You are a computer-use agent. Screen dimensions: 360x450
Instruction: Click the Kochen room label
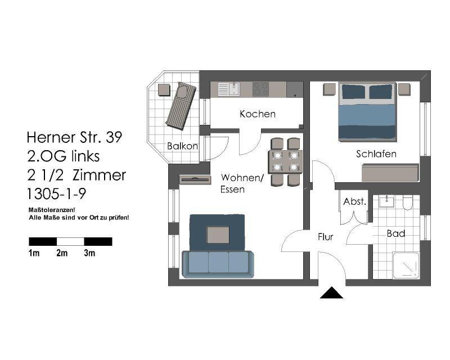(258, 114)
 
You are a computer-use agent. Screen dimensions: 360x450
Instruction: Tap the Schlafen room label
(376, 154)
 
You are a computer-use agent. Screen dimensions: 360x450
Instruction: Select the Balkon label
(182, 146)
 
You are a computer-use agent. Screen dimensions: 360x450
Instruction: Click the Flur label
(325, 237)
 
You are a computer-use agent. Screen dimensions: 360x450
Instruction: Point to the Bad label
(395, 233)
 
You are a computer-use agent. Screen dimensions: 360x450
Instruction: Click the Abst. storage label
(355, 201)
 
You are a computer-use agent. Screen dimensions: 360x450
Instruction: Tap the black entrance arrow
(331, 293)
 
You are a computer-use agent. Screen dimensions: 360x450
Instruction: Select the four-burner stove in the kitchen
(260, 89)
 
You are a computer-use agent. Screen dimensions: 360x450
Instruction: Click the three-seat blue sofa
(218, 263)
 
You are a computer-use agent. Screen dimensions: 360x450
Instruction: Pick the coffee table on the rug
(218, 235)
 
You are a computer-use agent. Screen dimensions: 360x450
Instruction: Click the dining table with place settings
(285, 161)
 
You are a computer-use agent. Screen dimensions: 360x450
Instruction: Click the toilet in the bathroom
(407, 202)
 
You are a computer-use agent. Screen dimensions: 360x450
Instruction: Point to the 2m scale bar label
(62, 254)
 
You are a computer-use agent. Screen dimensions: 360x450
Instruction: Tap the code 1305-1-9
(56, 194)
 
